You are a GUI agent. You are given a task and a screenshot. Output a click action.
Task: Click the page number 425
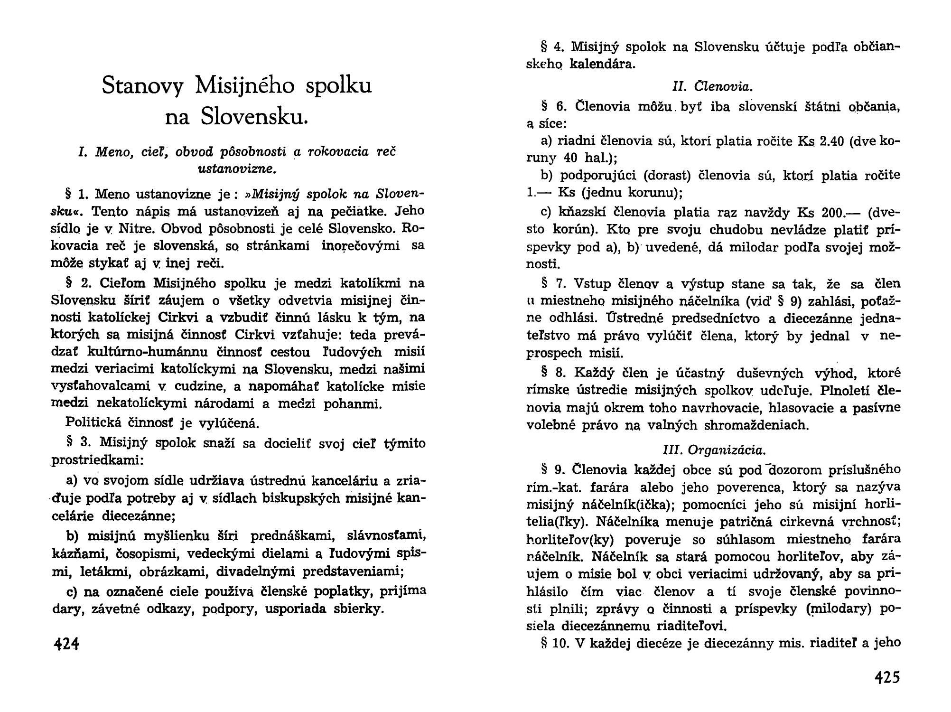[x=886, y=677]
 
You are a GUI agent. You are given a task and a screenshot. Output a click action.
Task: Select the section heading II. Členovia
[x=713, y=87]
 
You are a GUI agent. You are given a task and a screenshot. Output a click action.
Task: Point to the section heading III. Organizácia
[x=714, y=450]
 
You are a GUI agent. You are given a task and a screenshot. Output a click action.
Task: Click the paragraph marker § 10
[x=555, y=643]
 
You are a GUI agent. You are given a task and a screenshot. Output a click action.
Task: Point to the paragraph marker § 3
[x=78, y=442]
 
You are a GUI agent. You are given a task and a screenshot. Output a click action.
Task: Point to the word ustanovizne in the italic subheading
[x=236, y=168]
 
